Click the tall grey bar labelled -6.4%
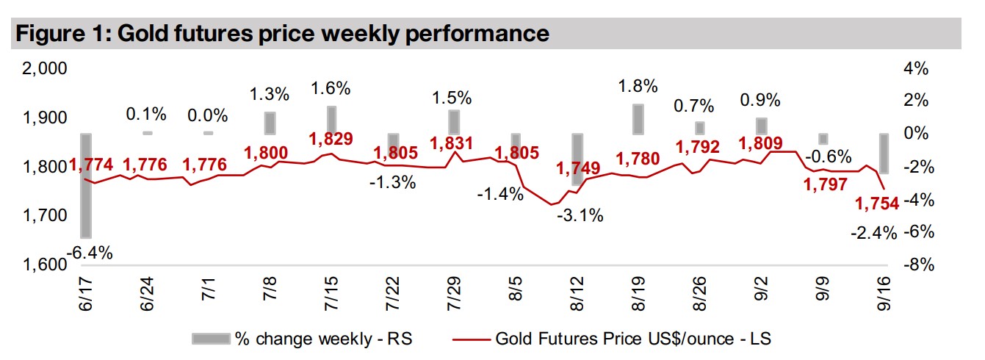pos(86,185)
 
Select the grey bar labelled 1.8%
pos(638,119)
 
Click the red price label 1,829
pos(331,140)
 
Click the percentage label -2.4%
pos(875,234)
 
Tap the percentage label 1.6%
pos(331,89)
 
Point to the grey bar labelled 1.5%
pos(455,122)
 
